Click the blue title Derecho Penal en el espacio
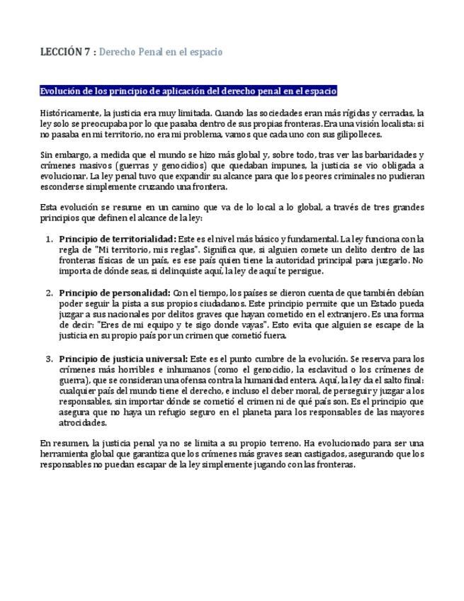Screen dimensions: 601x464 tap(161, 52)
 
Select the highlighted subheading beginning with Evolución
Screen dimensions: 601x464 tap(188, 91)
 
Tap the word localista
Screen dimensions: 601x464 tap(390, 123)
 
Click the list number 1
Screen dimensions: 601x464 tap(49, 239)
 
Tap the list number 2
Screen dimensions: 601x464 tap(49, 293)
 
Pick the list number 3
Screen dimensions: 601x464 tap(49, 359)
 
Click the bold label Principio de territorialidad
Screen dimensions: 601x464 tap(117, 239)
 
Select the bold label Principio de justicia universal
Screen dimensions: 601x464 tap(123, 359)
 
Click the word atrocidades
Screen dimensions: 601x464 tap(83, 423)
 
